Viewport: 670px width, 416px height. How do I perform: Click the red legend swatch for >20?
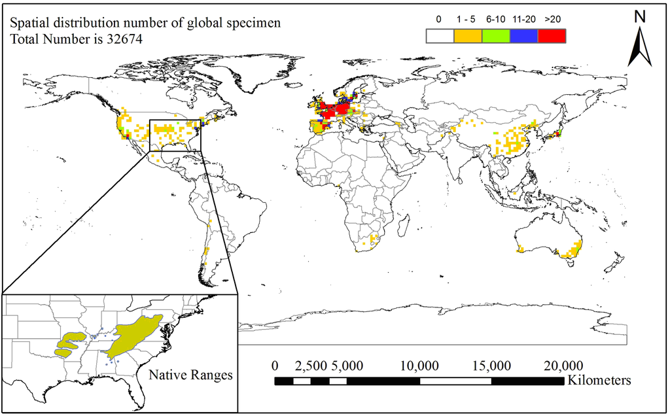pyautogui.click(x=552, y=36)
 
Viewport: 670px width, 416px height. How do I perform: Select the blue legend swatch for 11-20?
pyautogui.click(x=523, y=36)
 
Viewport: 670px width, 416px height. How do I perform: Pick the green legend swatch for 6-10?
pyautogui.click(x=496, y=36)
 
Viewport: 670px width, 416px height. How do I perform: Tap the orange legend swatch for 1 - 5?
pyautogui.click(x=468, y=36)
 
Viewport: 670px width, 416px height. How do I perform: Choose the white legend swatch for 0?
pyautogui.click(x=440, y=36)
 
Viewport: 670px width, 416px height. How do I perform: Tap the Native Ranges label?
pyautogui.click(x=190, y=375)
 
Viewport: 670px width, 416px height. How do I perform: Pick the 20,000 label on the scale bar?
pyautogui.click(x=563, y=365)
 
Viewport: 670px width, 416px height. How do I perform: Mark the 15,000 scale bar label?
pyautogui.click(x=491, y=365)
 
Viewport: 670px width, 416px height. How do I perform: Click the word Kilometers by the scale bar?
pyautogui.click(x=599, y=380)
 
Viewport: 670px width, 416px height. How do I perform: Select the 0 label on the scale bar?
pyautogui.click(x=275, y=365)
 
